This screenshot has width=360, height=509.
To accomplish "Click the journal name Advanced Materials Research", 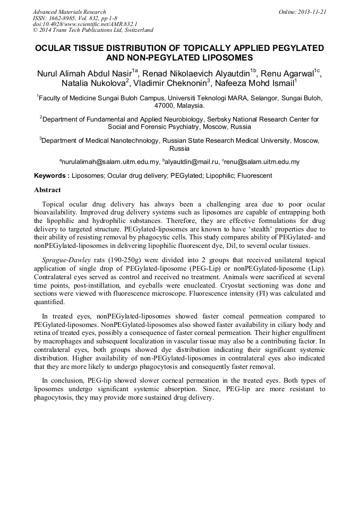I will [x=69, y=12].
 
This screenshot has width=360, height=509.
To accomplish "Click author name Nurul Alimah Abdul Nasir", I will [x=84, y=73].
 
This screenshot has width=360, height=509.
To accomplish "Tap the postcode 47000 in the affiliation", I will [x=158, y=106].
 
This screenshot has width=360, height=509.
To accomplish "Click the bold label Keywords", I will [x=52, y=176].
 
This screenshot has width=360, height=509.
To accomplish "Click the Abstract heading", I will [x=47, y=190].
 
